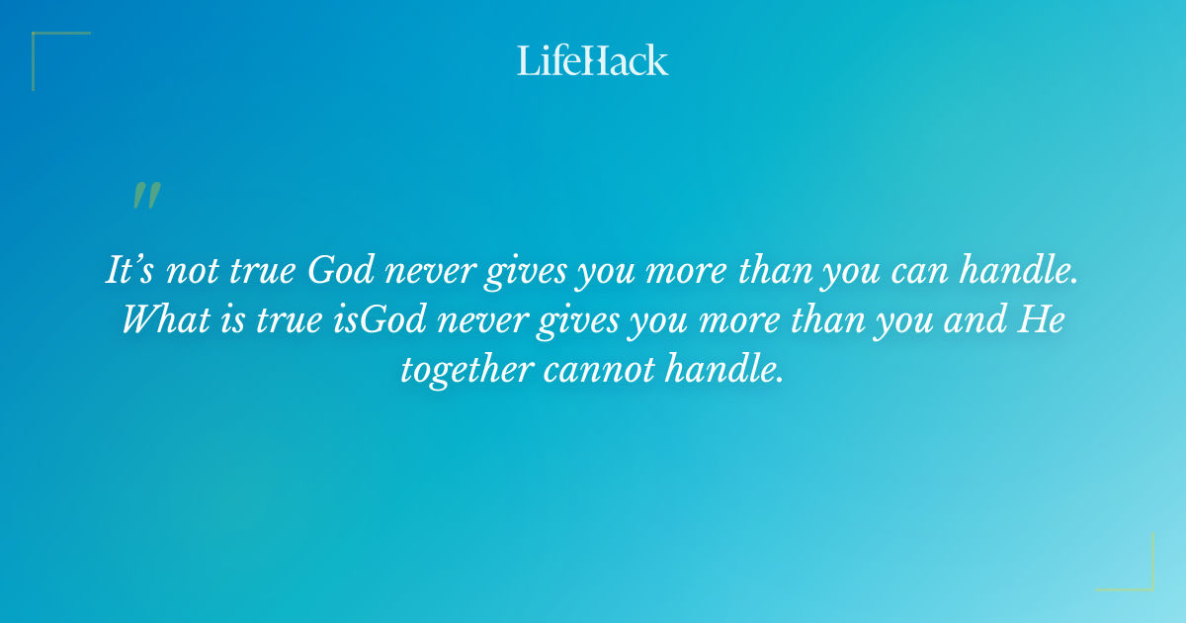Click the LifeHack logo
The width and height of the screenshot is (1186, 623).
coord(593,61)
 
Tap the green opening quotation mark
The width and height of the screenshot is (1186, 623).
coord(146,196)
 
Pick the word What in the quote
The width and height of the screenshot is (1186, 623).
coord(162,320)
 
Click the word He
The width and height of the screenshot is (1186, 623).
coord(1044,320)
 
